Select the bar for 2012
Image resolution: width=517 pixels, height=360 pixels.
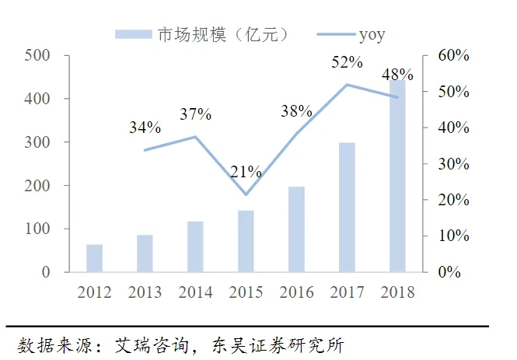coord(94,258)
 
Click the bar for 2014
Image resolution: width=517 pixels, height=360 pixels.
coord(195,246)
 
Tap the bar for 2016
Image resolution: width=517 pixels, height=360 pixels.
coord(296,229)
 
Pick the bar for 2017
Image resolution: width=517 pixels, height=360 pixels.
coord(347,208)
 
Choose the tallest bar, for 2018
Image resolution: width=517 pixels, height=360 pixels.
coord(397,176)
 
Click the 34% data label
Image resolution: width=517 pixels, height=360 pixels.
coord(145,127)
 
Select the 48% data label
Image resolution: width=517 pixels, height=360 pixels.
coord(397,75)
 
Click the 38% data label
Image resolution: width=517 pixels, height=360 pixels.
coord(296,111)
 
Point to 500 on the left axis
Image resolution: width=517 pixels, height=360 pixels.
coord(35,56)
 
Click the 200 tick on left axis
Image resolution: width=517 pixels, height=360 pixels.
coord(35,186)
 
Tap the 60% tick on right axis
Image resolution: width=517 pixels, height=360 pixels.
coord(454,56)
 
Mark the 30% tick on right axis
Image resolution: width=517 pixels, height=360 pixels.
coord(454,164)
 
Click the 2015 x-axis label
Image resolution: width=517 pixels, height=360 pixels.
coord(246,292)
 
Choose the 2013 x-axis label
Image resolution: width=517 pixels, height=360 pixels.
coord(145,292)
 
